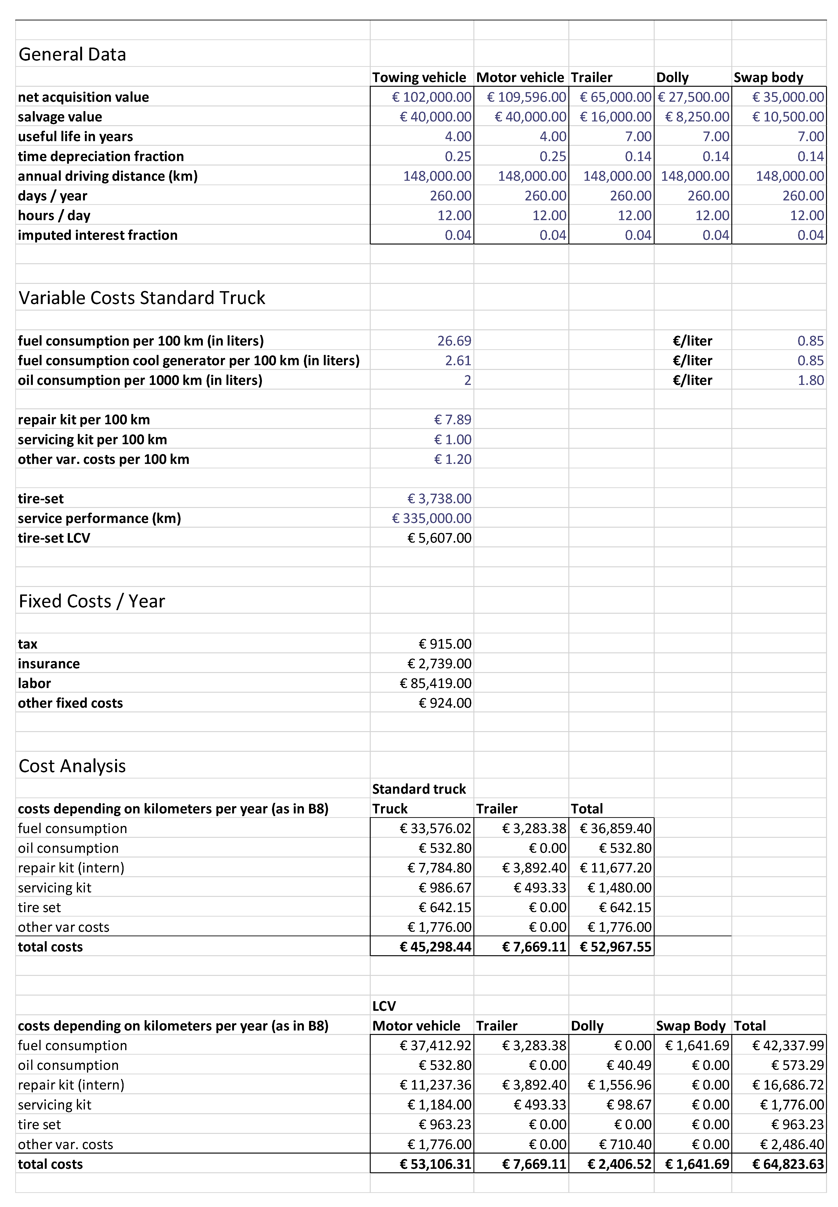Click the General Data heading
[72, 55]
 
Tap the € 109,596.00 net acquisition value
[527, 97]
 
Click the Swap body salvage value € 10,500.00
[788, 117]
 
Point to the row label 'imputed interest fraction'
[98, 235]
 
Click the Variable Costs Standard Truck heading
[142, 297]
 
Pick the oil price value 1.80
[811, 380]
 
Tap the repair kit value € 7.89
[453, 420]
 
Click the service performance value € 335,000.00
[432, 519]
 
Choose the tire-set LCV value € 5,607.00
[439, 538]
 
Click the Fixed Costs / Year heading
[92, 601]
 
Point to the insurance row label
[49, 664]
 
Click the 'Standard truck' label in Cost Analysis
[419, 789]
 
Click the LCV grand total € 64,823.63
[788, 1164]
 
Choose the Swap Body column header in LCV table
[691, 1026]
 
